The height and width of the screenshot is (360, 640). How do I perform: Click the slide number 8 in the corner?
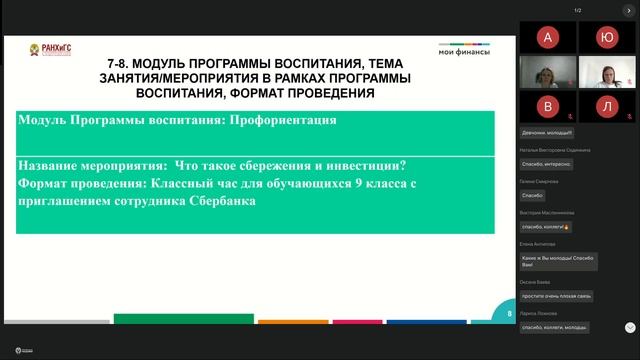(x=509, y=313)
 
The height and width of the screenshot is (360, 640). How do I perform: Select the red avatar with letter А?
(x=546, y=38)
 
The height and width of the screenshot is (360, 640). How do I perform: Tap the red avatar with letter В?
(x=546, y=105)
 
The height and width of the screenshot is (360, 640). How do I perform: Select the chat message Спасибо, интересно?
(x=547, y=163)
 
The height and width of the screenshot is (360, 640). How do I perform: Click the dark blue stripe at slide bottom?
(x=419, y=321)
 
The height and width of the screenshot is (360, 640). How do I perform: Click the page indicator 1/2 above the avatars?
(x=577, y=10)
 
